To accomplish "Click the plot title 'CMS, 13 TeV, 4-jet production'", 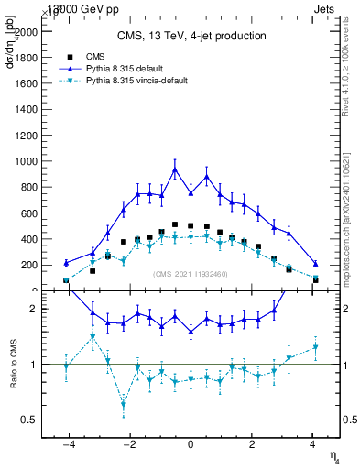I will point(191,37).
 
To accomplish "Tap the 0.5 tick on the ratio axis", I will point(31,420).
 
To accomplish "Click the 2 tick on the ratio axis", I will point(35,309).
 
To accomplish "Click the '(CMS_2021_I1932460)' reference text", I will point(191,274).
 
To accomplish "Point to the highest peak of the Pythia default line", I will point(175,169).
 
